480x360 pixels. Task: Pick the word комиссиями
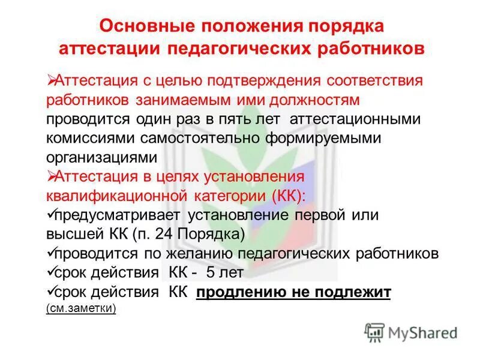91,138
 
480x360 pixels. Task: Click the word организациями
101,157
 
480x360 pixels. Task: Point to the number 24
158,234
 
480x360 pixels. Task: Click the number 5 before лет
211,272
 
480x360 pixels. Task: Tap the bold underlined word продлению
241,292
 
